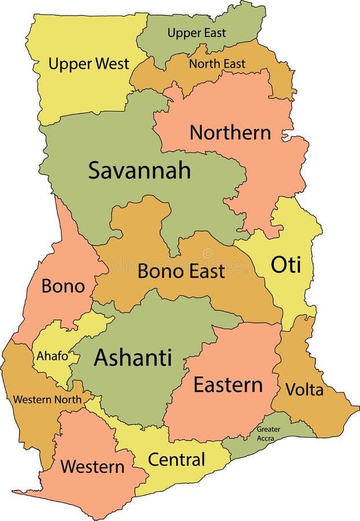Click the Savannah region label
pos(139,170)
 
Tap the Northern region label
pos(230,133)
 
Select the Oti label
pos(286,265)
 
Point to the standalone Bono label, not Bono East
pos(63,286)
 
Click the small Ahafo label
pos(52,356)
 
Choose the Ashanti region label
pos(133,357)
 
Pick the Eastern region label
pos(227,384)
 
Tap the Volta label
pos(304,390)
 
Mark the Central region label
pos(177,460)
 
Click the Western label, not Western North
pos(92,466)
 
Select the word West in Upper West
pos(111,64)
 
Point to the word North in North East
pos(204,64)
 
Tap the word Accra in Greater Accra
pos(269,438)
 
